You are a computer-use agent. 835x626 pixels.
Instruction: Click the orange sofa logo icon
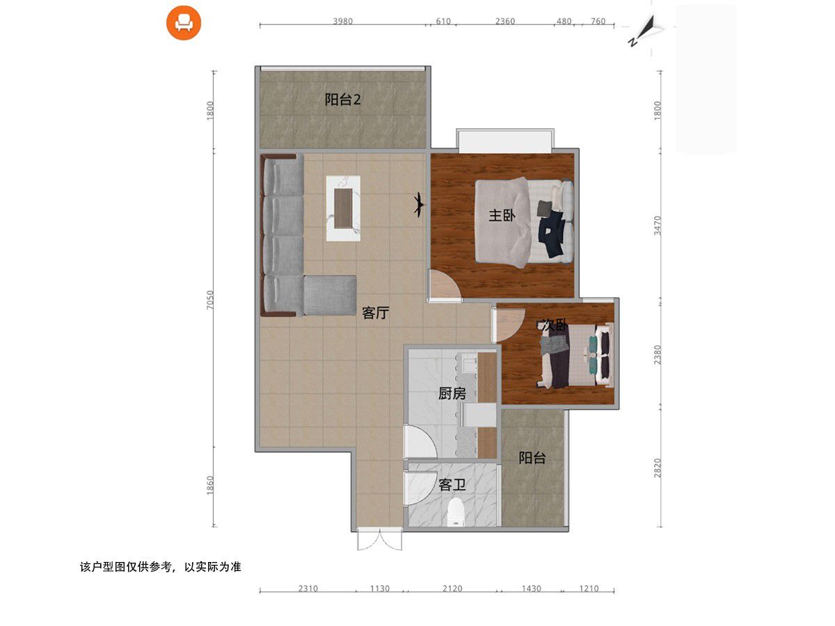coord(184,22)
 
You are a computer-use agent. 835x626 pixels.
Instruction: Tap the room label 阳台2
coord(342,99)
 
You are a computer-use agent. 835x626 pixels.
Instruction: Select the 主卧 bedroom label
coord(502,216)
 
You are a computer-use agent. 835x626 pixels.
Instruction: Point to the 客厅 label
coord(375,313)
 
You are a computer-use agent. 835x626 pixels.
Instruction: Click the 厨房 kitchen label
coord(452,394)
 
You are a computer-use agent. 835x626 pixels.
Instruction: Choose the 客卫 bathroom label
coord(452,485)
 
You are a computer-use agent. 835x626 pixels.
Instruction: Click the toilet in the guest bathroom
coord(455,513)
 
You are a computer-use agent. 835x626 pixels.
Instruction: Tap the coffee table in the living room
coord(343,208)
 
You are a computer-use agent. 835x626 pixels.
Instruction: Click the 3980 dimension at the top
coord(343,22)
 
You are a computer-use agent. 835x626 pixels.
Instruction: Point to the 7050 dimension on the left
coord(210,300)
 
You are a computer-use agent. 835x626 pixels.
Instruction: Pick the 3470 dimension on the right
coord(658,225)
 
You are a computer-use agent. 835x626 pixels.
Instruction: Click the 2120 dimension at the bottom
coord(452,588)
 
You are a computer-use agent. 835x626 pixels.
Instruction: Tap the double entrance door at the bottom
coord(379,540)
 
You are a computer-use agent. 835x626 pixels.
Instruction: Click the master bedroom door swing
coord(445,285)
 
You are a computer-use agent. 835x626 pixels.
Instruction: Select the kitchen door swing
coord(420,441)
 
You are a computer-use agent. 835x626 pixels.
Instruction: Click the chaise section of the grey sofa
coord(330,296)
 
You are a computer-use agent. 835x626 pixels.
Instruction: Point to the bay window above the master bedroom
coord(504,141)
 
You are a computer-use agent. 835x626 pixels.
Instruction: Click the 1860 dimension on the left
coord(210,485)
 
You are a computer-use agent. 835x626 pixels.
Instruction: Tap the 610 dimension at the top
coord(443,22)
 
